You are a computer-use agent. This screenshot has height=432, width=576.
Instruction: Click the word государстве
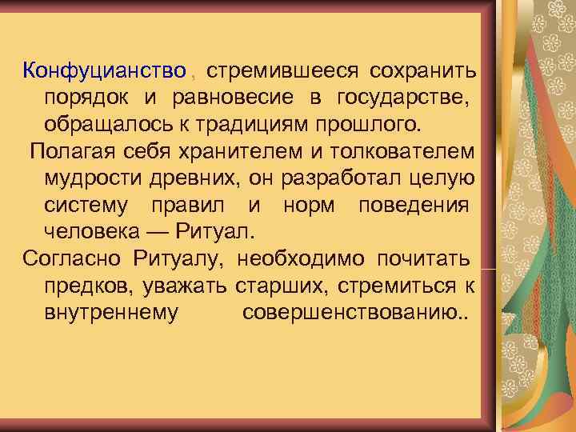pyautogui.click(x=405, y=98)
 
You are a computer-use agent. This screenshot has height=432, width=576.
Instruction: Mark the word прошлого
pyautogui.click(x=374, y=126)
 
